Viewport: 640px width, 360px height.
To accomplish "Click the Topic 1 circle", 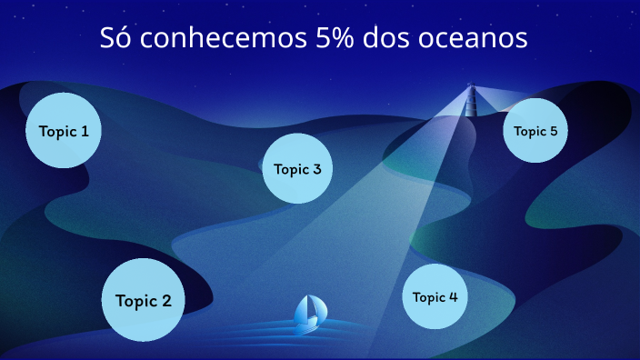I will [64, 130].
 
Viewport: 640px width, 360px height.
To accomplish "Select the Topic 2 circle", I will [144, 300].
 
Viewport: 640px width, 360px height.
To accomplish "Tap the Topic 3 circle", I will [297, 168].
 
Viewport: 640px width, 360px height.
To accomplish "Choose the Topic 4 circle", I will [435, 296].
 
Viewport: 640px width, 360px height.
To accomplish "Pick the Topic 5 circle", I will [535, 130].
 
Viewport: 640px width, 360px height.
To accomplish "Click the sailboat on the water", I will [309, 314].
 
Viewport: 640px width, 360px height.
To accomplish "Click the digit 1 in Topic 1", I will [85, 131].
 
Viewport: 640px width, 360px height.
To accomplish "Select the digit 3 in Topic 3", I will [316, 169].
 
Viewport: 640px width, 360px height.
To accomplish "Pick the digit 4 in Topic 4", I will [454, 297].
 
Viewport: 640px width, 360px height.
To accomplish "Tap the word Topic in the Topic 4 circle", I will [429, 297].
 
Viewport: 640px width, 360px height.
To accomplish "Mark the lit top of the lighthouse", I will [471, 89].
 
